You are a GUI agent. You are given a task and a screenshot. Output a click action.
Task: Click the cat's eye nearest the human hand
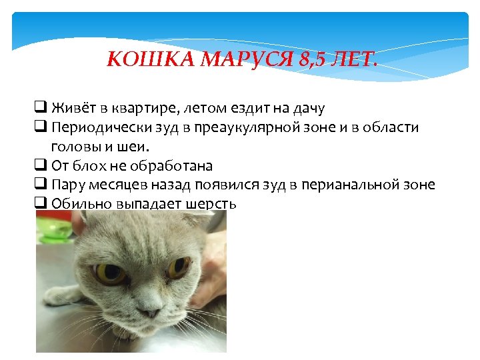click(178, 267)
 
